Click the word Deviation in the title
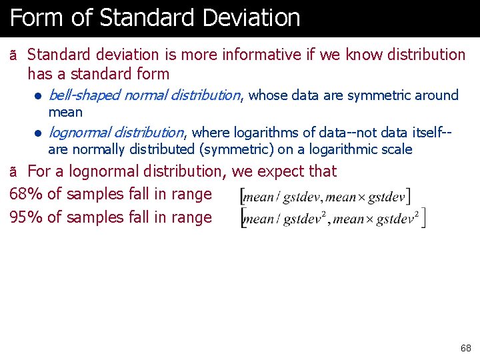click(x=252, y=18)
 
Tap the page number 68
click(x=465, y=348)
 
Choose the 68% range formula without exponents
click(x=326, y=197)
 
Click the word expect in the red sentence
click(x=280, y=171)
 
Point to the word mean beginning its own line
click(x=65, y=112)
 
